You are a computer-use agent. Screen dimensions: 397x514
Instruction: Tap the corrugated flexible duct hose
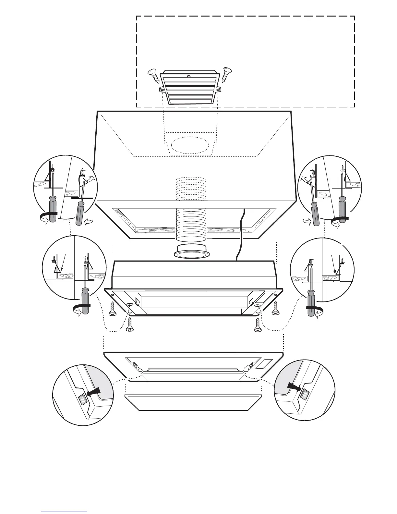tap(191, 224)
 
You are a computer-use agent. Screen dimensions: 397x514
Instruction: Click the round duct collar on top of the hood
tap(191, 251)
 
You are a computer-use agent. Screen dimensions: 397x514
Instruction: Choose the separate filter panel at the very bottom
tap(193, 403)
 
